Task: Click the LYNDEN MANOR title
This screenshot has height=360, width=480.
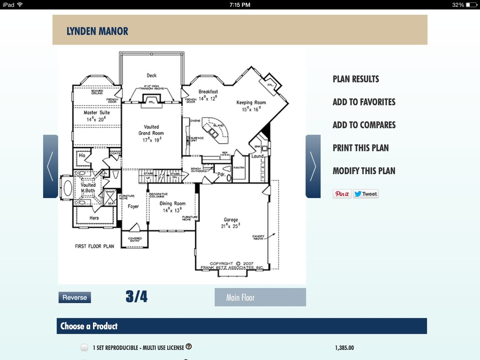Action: tap(97, 32)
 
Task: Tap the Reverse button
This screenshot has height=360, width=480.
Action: tap(75, 297)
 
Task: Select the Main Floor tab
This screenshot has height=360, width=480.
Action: tap(260, 297)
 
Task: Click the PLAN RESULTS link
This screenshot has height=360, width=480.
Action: tap(355, 79)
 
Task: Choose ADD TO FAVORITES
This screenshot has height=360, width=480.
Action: tap(364, 102)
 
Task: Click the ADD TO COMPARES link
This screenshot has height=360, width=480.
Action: tap(364, 125)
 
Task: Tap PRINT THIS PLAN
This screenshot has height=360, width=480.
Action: tap(360, 148)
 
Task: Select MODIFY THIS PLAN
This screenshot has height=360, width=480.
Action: tap(364, 171)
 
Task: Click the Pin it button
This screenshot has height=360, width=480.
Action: tap(342, 194)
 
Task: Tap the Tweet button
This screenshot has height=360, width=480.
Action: tap(366, 194)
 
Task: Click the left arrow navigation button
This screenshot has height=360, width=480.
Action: tap(50, 166)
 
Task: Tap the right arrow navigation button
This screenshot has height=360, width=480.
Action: tap(313, 166)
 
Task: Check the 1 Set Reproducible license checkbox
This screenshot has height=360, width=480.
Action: tap(84, 347)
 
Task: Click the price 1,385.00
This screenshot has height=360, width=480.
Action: tap(344, 348)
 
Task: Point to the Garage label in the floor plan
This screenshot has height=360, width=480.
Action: tap(231, 220)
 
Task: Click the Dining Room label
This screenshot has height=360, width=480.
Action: tap(173, 204)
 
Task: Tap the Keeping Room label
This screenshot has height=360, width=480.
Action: tap(251, 103)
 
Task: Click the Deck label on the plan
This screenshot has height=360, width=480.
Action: tap(152, 75)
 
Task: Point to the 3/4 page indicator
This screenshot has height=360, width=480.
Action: tap(136, 297)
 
